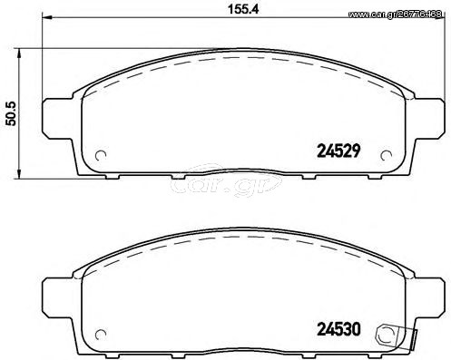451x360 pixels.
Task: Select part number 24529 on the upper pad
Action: [x=338, y=151]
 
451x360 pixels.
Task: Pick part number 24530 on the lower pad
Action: [x=338, y=329]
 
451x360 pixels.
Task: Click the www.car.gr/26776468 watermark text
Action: [x=396, y=15]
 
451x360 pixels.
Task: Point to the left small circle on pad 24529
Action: [x=101, y=156]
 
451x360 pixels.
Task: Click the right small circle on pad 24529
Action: [x=386, y=156]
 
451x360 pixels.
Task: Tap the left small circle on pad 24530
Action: [x=101, y=335]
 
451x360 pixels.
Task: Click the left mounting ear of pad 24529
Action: [x=57, y=119]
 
